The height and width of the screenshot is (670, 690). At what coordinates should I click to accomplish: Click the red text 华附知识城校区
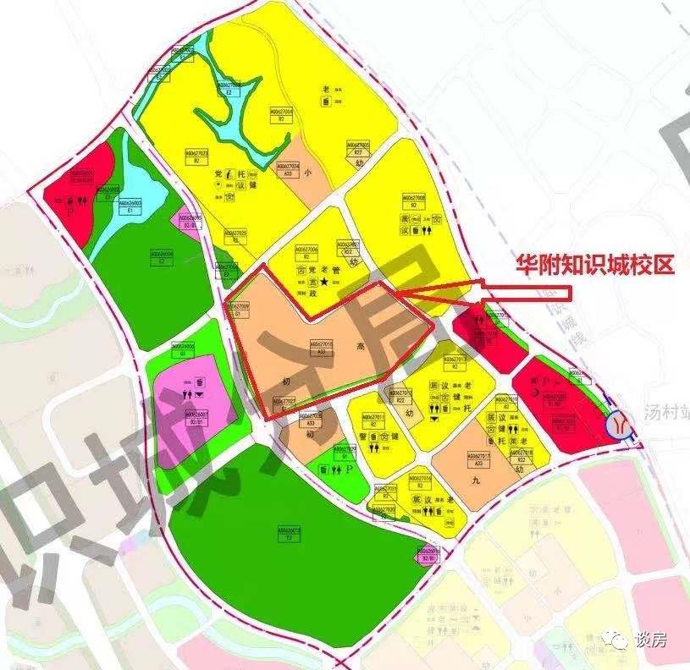point(596,266)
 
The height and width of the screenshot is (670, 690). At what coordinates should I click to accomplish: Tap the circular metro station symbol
point(621,422)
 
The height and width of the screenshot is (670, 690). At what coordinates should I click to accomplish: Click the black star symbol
point(323,280)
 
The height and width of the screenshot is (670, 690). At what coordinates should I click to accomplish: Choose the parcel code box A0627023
point(196,155)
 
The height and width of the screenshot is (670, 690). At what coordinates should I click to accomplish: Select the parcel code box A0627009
point(240,309)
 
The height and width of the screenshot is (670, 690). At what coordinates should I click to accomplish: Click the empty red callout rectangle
point(526,293)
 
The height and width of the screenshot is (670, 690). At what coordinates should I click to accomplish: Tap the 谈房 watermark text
point(650,640)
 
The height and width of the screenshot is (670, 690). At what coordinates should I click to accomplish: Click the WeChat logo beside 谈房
point(620,641)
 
